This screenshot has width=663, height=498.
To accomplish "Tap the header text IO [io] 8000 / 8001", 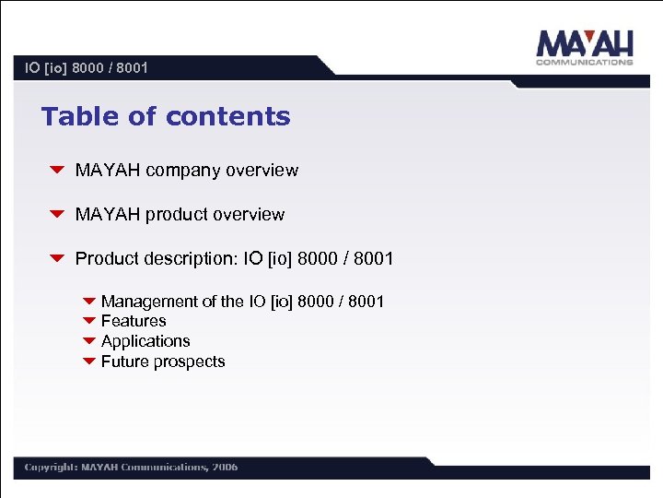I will tap(87, 68).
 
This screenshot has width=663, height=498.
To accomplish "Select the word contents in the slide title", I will tap(228, 117).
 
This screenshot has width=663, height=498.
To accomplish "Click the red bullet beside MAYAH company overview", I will tap(56, 171).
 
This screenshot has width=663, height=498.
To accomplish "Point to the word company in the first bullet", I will tap(183, 171).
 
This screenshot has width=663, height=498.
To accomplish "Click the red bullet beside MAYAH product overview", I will tap(56, 215).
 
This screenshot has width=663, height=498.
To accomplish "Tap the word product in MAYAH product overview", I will tap(177, 215).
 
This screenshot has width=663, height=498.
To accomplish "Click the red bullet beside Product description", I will tap(56, 259).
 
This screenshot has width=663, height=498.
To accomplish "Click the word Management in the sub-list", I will tap(149, 302).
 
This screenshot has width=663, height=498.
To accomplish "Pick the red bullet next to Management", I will tap(89, 302).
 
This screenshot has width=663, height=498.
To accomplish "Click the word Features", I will tap(134, 321).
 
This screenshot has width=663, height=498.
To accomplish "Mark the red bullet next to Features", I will tap(89, 321).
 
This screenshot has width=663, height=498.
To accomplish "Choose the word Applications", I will tap(145, 341).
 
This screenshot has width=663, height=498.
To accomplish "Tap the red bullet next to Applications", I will tap(89, 341).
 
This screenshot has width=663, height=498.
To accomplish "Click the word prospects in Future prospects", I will tap(190, 362).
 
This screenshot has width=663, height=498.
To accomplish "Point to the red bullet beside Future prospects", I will tap(89, 362).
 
